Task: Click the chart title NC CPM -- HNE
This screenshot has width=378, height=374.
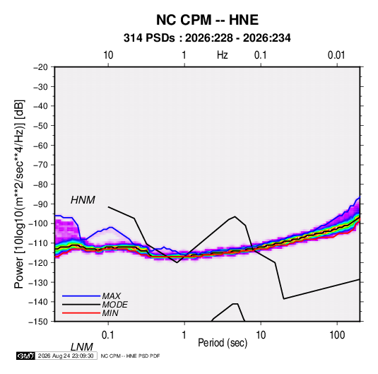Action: (207, 20)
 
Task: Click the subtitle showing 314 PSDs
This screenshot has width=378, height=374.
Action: (207, 38)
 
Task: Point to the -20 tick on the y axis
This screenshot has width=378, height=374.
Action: (40, 67)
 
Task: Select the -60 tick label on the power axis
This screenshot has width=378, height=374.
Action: (40, 145)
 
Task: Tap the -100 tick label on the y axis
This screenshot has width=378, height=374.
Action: (38, 223)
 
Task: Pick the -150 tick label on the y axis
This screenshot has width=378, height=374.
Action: (38, 322)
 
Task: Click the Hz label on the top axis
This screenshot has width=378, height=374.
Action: (223, 55)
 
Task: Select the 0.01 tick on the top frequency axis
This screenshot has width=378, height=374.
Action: (336, 55)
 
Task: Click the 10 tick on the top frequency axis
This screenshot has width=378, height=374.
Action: (108, 55)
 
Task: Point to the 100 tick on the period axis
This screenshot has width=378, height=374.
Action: (337, 335)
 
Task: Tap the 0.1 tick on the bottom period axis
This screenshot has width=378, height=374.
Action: (108, 335)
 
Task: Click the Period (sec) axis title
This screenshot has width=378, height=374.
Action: (223, 343)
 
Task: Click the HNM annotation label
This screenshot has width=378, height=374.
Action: (83, 200)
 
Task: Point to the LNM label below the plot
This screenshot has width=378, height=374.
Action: (81, 347)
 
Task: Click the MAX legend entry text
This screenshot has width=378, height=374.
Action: (111, 296)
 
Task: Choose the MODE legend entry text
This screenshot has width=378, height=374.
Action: (114, 305)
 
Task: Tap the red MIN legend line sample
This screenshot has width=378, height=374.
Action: (81, 313)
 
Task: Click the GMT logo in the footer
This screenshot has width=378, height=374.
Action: (25, 356)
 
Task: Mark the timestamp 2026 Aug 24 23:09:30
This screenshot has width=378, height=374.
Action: (66, 356)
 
